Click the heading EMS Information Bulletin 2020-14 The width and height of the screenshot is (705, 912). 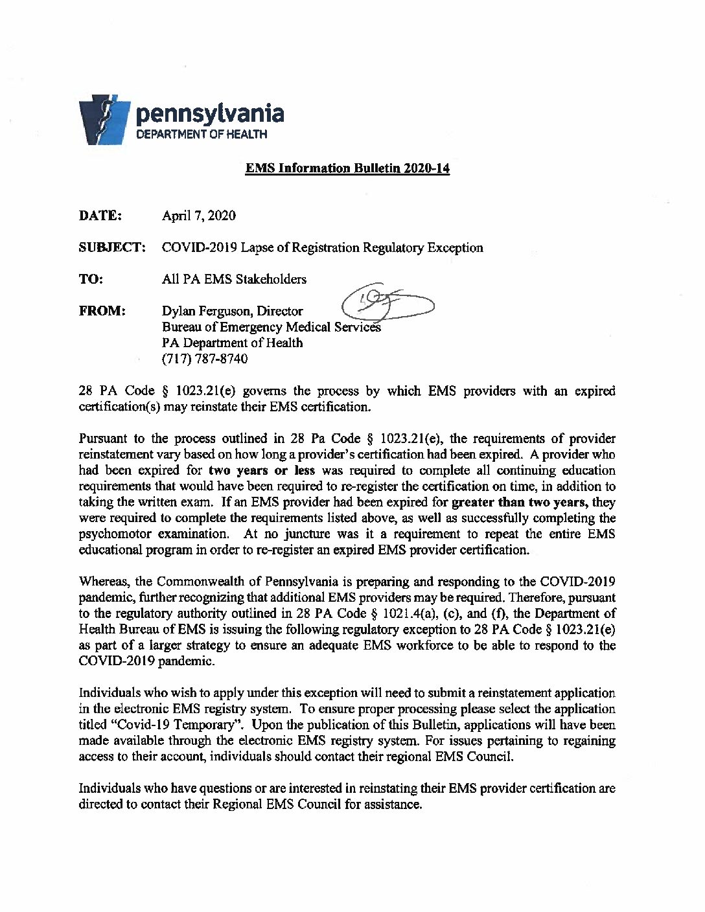click(347, 168)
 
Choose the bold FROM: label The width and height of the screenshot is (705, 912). click(102, 311)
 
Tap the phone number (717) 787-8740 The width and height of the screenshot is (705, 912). click(204, 358)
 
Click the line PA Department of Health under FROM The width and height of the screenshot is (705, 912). click(232, 343)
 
